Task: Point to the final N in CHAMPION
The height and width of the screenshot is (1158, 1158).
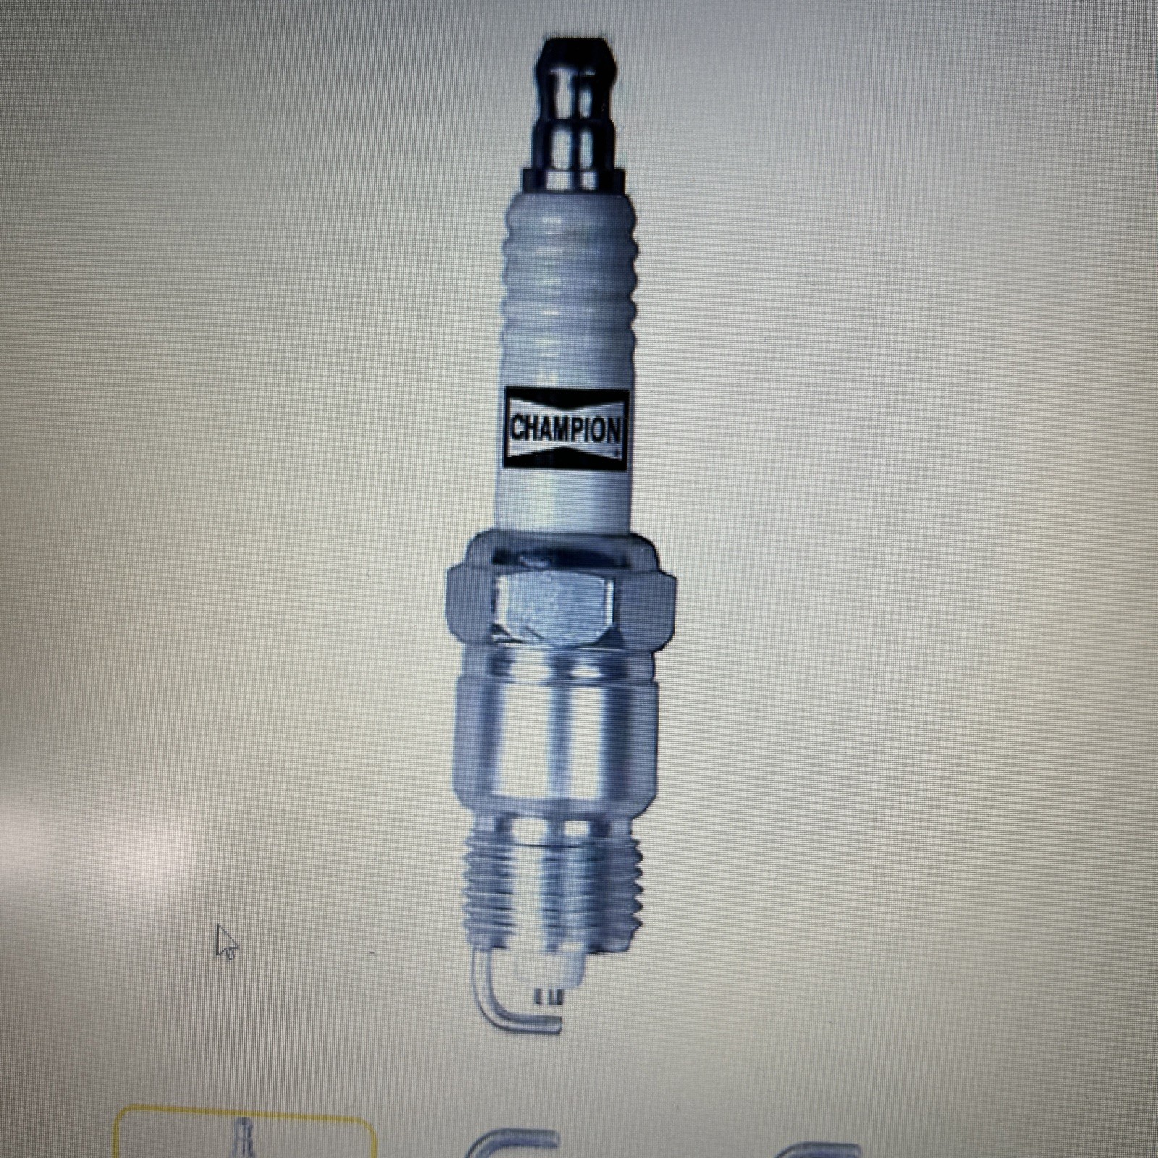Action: [x=613, y=431]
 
